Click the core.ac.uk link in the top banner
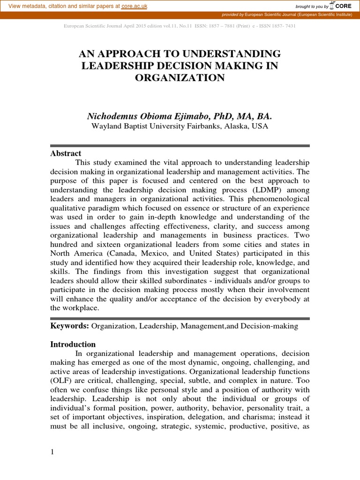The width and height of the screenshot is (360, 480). pos(135,5)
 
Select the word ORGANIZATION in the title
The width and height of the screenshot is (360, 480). pos(180,78)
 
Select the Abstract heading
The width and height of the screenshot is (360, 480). pos(66,153)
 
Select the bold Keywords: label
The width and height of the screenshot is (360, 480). pos(70,326)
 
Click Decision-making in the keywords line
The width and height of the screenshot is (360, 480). pos(270,326)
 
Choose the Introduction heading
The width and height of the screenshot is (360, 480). pos(73,345)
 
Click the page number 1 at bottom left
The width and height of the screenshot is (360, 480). pos(52,452)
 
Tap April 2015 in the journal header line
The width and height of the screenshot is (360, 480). pos(127,26)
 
